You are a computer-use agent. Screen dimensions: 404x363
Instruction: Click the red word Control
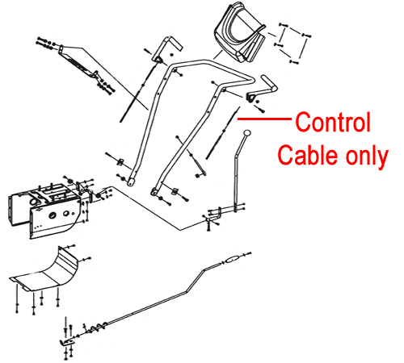tap(333, 122)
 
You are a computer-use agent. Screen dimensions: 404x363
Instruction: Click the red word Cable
tap(308, 155)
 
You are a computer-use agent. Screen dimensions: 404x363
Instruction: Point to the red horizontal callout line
tap(264, 119)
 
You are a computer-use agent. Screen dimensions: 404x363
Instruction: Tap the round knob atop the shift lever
tap(246, 133)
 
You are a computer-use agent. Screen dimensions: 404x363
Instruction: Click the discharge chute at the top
tap(241, 32)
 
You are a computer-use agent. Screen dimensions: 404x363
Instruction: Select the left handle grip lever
tap(167, 49)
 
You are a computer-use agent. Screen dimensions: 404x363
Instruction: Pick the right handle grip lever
tap(262, 89)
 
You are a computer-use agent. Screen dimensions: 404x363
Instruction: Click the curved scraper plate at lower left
tap(46, 272)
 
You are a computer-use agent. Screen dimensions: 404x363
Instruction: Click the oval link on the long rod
tap(231, 260)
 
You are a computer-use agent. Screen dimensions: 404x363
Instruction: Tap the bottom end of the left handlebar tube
tap(131, 182)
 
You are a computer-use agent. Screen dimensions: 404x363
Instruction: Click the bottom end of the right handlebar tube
tap(154, 193)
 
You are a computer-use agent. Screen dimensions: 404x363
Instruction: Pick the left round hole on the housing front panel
tap(52, 215)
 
